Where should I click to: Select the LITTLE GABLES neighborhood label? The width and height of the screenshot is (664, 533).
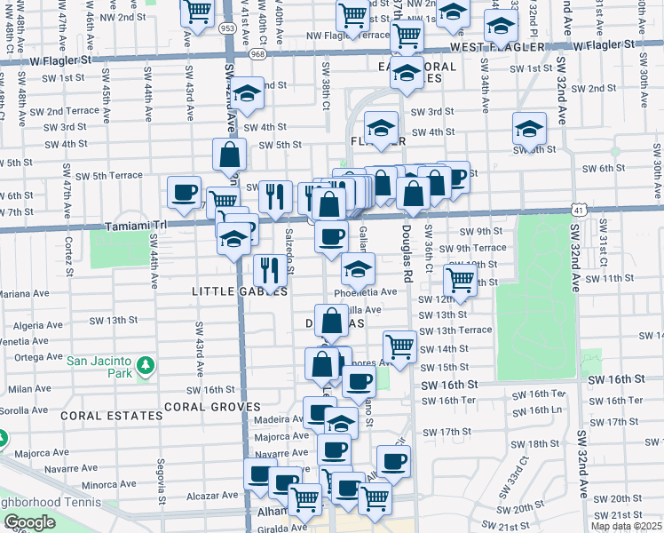pyautogui.click(x=240, y=290)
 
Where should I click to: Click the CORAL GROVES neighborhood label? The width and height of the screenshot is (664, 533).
pyautogui.click(x=210, y=407)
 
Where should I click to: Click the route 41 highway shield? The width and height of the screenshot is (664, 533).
pyautogui.click(x=578, y=211)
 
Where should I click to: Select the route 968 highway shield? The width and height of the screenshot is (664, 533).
pyautogui.click(x=258, y=54)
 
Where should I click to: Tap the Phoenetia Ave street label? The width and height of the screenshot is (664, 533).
pyautogui.click(x=365, y=291)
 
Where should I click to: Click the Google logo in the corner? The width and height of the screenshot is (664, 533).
pyautogui.click(x=29, y=522)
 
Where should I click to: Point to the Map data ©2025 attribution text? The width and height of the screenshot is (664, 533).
pyautogui.click(x=626, y=526)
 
